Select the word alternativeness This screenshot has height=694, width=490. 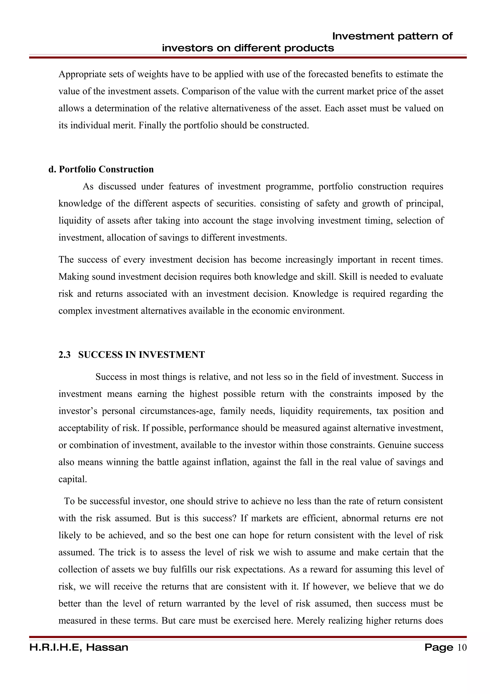pyautogui.click(x=241, y=108)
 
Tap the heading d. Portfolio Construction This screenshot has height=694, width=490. pyautogui.click(x=101, y=169)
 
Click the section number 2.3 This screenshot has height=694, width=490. pyautogui.click(x=64, y=355)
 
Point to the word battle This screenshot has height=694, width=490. pyautogui.click(x=171, y=462)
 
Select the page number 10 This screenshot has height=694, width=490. pyautogui.click(x=462, y=648)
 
